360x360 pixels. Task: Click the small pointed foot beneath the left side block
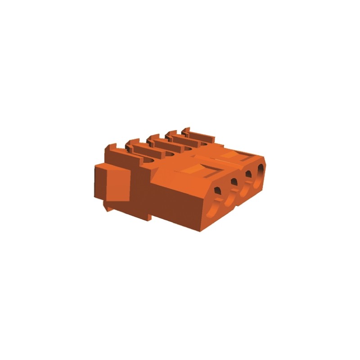(x=108, y=208)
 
